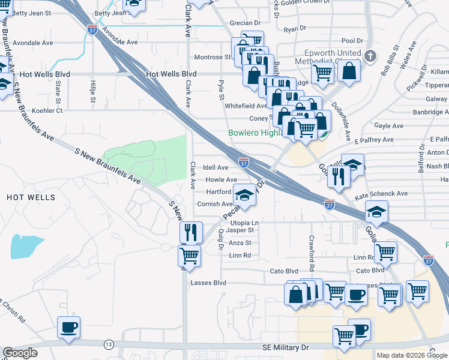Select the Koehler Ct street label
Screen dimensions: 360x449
coord(47,110)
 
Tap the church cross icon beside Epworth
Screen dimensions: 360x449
coord(370,58)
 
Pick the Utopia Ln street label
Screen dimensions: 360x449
coord(244,223)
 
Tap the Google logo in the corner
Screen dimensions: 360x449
coord(20,353)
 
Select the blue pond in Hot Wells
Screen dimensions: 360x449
coord(26,246)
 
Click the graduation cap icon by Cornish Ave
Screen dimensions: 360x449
coord(244,195)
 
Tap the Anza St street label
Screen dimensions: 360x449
coord(240,243)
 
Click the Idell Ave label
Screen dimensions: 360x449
coord(215,167)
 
